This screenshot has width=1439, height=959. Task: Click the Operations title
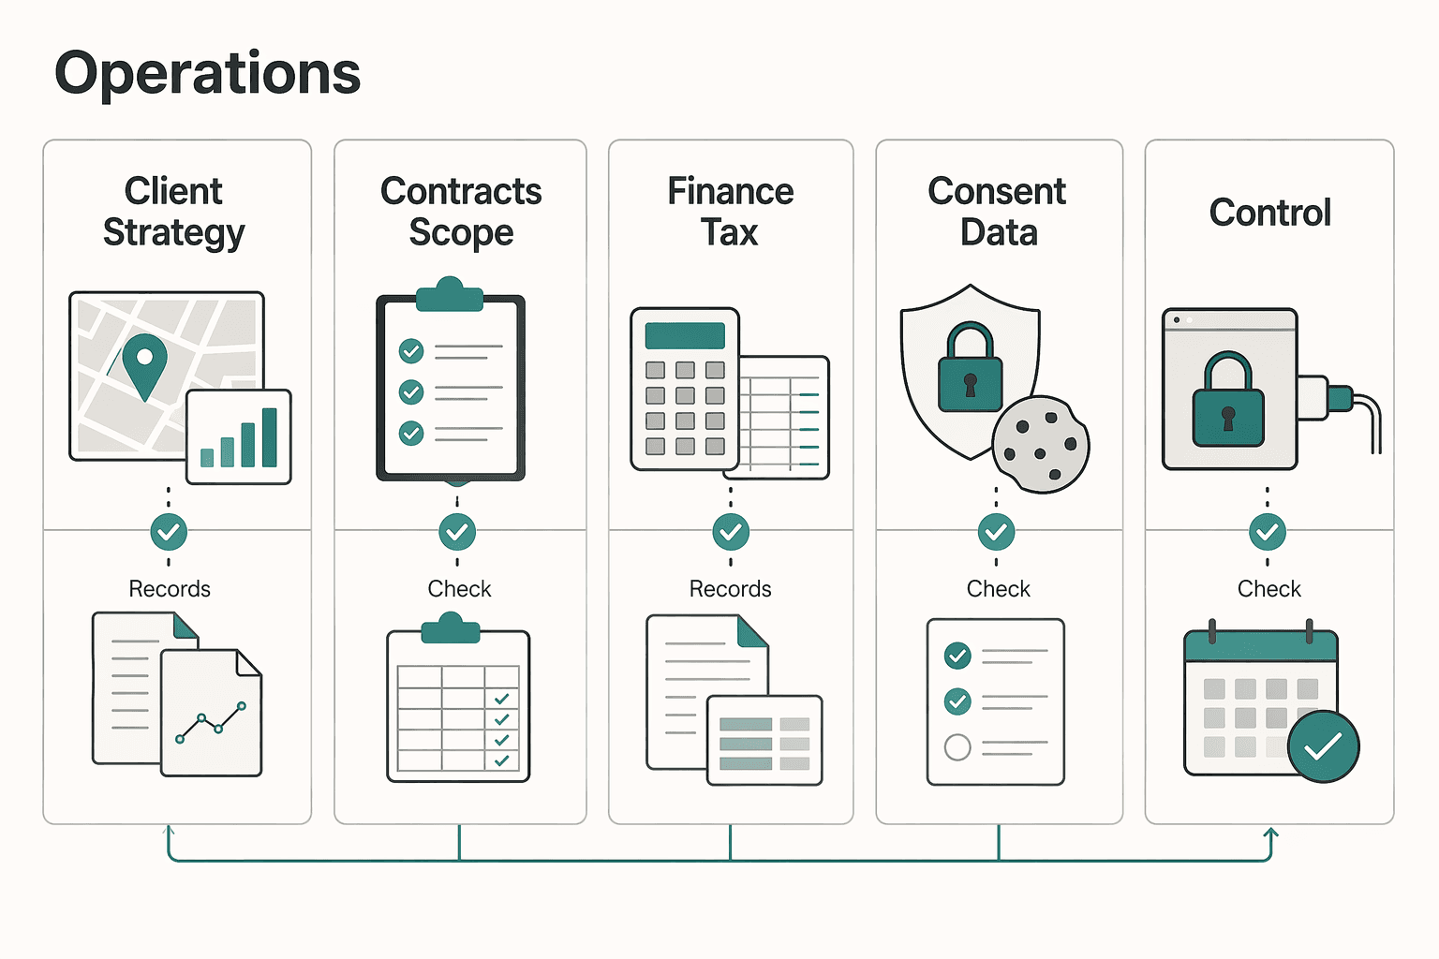coord(207,74)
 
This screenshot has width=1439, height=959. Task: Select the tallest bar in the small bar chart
coord(270,437)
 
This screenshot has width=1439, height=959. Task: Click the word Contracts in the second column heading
coord(461,191)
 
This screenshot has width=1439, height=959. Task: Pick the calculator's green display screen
coord(685,336)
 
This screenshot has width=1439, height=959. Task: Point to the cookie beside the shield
coord(1041,444)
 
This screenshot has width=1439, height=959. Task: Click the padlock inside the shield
coord(970,367)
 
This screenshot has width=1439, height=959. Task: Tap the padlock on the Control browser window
coord(1228,399)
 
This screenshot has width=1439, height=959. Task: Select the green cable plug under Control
coord(1342,398)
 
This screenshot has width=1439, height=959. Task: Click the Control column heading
coord(1269,212)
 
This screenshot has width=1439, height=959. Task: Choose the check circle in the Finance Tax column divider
coord(731,532)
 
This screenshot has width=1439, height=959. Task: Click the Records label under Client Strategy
coord(170,588)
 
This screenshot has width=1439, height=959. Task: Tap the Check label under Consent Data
coord(999,588)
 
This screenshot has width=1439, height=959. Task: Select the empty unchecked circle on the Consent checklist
coord(957,747)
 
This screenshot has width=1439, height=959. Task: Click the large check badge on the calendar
coord(1324,745)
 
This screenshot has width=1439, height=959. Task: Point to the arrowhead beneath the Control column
coord(1270,834)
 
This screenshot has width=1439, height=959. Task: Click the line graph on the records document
coord(211,723)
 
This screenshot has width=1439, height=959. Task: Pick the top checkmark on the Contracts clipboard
coord(411,350)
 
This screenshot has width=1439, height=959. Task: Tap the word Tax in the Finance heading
coord(730,232)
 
